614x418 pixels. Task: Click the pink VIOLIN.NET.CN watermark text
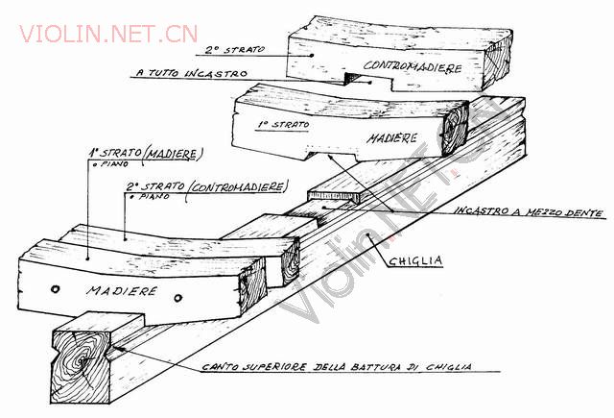108,34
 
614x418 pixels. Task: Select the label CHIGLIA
415,260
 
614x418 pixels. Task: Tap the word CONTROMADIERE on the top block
413,66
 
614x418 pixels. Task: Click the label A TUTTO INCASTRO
192,73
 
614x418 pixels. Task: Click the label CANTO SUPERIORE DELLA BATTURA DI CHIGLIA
337,367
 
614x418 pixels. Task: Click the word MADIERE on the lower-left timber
122,291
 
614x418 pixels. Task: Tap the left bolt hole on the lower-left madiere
56,289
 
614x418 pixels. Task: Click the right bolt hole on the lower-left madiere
178,298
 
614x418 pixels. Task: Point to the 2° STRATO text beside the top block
235,50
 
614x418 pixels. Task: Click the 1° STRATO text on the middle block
284,125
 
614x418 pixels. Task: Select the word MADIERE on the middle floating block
392,138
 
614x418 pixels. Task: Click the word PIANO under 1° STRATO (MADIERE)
113,164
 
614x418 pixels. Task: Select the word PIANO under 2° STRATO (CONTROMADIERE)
154,196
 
